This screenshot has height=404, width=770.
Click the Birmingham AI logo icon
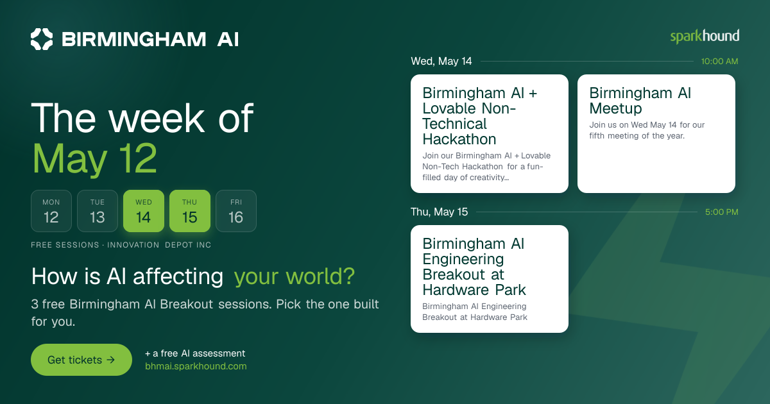coord(42,39)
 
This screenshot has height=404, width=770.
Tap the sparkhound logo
coord(705,37)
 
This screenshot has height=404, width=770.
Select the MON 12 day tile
coord(51,211)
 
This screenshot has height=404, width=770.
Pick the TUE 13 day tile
coord(98,211)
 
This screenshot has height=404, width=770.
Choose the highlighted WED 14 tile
coord(144,211)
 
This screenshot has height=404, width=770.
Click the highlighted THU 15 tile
coord(190,211)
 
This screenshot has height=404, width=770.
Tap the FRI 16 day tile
coord(236,211)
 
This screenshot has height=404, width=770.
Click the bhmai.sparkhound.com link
coord(196,366)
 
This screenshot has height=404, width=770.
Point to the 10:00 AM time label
coord(719,62)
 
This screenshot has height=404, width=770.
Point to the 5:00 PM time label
coord(721,212)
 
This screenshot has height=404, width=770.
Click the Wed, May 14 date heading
coord(441,61)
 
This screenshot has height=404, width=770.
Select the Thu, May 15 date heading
coord(439,212)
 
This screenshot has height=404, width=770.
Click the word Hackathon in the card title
coord(459,139)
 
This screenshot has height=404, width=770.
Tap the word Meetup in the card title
coord(615,109)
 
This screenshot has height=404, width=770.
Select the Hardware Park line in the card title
coord(474,290)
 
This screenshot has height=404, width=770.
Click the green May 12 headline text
coord(94,159)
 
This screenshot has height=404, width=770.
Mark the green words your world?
coord(295,276)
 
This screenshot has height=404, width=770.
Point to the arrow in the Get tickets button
coord(110,360)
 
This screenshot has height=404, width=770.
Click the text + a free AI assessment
coord(195,353)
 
